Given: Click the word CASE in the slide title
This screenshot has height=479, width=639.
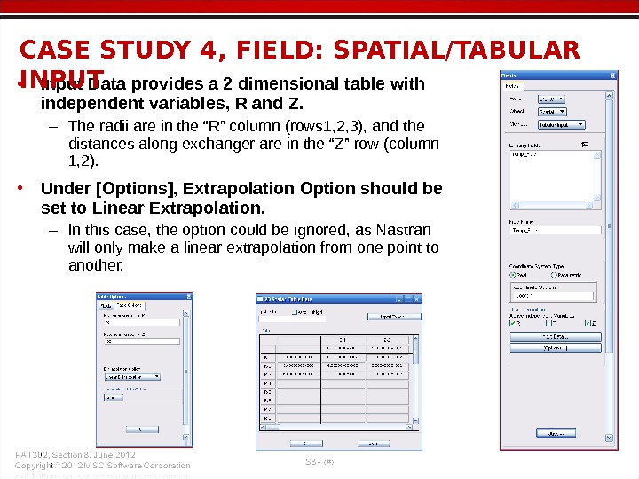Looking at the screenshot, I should click(56, 51).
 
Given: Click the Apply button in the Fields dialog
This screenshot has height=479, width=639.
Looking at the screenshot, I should click(556, 433).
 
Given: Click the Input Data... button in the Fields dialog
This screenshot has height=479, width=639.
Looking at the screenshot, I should click(556, 336).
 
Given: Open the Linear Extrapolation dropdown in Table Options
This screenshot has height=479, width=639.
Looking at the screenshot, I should click(132, 376).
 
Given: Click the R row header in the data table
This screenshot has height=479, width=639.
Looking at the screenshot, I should click(266, 357).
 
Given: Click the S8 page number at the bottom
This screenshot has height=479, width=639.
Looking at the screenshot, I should click(312, 461).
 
